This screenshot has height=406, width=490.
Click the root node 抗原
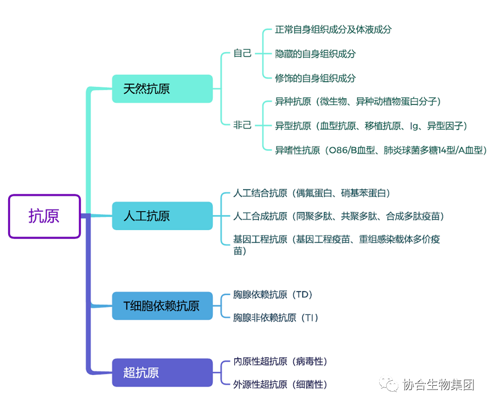[x=44, y=216]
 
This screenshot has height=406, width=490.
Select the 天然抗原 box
[x=162, y=89]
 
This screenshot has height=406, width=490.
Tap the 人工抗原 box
[x=162, y=216]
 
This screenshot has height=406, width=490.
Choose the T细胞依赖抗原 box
[x=162, y=306]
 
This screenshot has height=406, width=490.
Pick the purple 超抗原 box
[x=162, y=373]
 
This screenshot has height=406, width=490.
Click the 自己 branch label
[x=242, y=53]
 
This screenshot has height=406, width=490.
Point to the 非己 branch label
[x=242, y=125]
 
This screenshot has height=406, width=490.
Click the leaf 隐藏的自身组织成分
[x=315, y=54]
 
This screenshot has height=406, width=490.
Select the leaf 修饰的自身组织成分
[x=315, y=78]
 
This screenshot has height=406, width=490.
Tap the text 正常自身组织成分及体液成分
[x=333, y=30]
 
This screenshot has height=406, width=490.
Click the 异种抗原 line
[x=358, y=101]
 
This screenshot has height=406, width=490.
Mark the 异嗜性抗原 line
[x=380, y=150]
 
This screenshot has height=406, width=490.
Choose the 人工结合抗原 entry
[x=312, y=193]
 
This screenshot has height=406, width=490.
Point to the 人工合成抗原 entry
[x=338, y=216]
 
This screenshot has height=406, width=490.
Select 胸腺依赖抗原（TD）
[x=273, y=295]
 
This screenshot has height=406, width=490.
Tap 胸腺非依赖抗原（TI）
[x=275, y=318]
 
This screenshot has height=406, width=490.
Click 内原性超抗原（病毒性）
[x=280, y=362]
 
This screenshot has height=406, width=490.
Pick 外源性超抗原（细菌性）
[x=280, y=385]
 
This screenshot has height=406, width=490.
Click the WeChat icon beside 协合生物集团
[x=390, y=385]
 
